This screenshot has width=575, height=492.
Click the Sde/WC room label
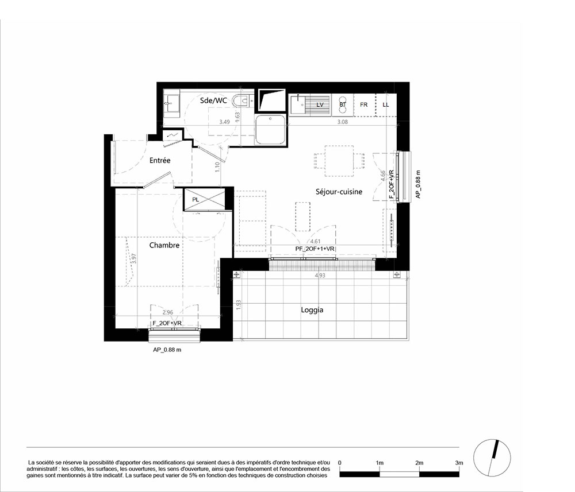[x=213, y=100]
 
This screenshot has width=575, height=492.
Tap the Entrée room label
[x=160, y=160]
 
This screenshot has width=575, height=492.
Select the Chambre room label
[x=164, y=245]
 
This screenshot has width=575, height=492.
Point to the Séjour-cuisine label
[x=339, y=191]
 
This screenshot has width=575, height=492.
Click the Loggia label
[x=312, y=309]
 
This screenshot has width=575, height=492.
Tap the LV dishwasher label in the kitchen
[x=320, y=104]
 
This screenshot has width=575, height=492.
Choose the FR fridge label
[x=363, y=104]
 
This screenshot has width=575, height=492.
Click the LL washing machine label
[x=385, y=104]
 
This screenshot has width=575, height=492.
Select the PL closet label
[x=195, y=200]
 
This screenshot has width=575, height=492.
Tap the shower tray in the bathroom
[x=270, y=130]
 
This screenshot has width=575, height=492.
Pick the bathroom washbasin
[x=171, y=103]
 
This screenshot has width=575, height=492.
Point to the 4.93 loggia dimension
[x=320, y=276]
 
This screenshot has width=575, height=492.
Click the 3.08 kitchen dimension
[x=342, y=122]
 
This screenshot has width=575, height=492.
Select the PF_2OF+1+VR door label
[x=315, y=249]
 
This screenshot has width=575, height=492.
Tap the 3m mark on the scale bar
[x=459, y=463]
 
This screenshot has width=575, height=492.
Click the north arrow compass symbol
[x=492, y=457]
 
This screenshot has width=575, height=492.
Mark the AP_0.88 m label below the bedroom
[x=167, y=350]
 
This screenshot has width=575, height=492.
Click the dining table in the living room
[x=339, y=161]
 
